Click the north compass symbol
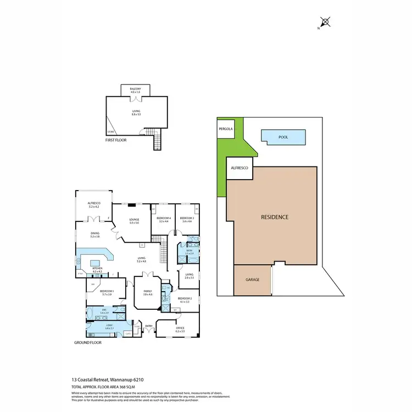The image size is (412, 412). click(325, 23)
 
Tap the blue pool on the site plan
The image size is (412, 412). click(283, 136)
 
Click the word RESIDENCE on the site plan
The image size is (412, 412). click(274, 216)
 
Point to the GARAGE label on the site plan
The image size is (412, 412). click(252, 280)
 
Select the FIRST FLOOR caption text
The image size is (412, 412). click(116, 140)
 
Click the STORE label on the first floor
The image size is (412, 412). click(110, 132)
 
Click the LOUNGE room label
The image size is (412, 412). click(134, 220)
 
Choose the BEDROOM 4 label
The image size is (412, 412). click(164, 219)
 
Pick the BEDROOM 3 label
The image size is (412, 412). click(187, 219)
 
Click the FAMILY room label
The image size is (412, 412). click(147, 292)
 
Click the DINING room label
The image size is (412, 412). click(95, 233)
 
